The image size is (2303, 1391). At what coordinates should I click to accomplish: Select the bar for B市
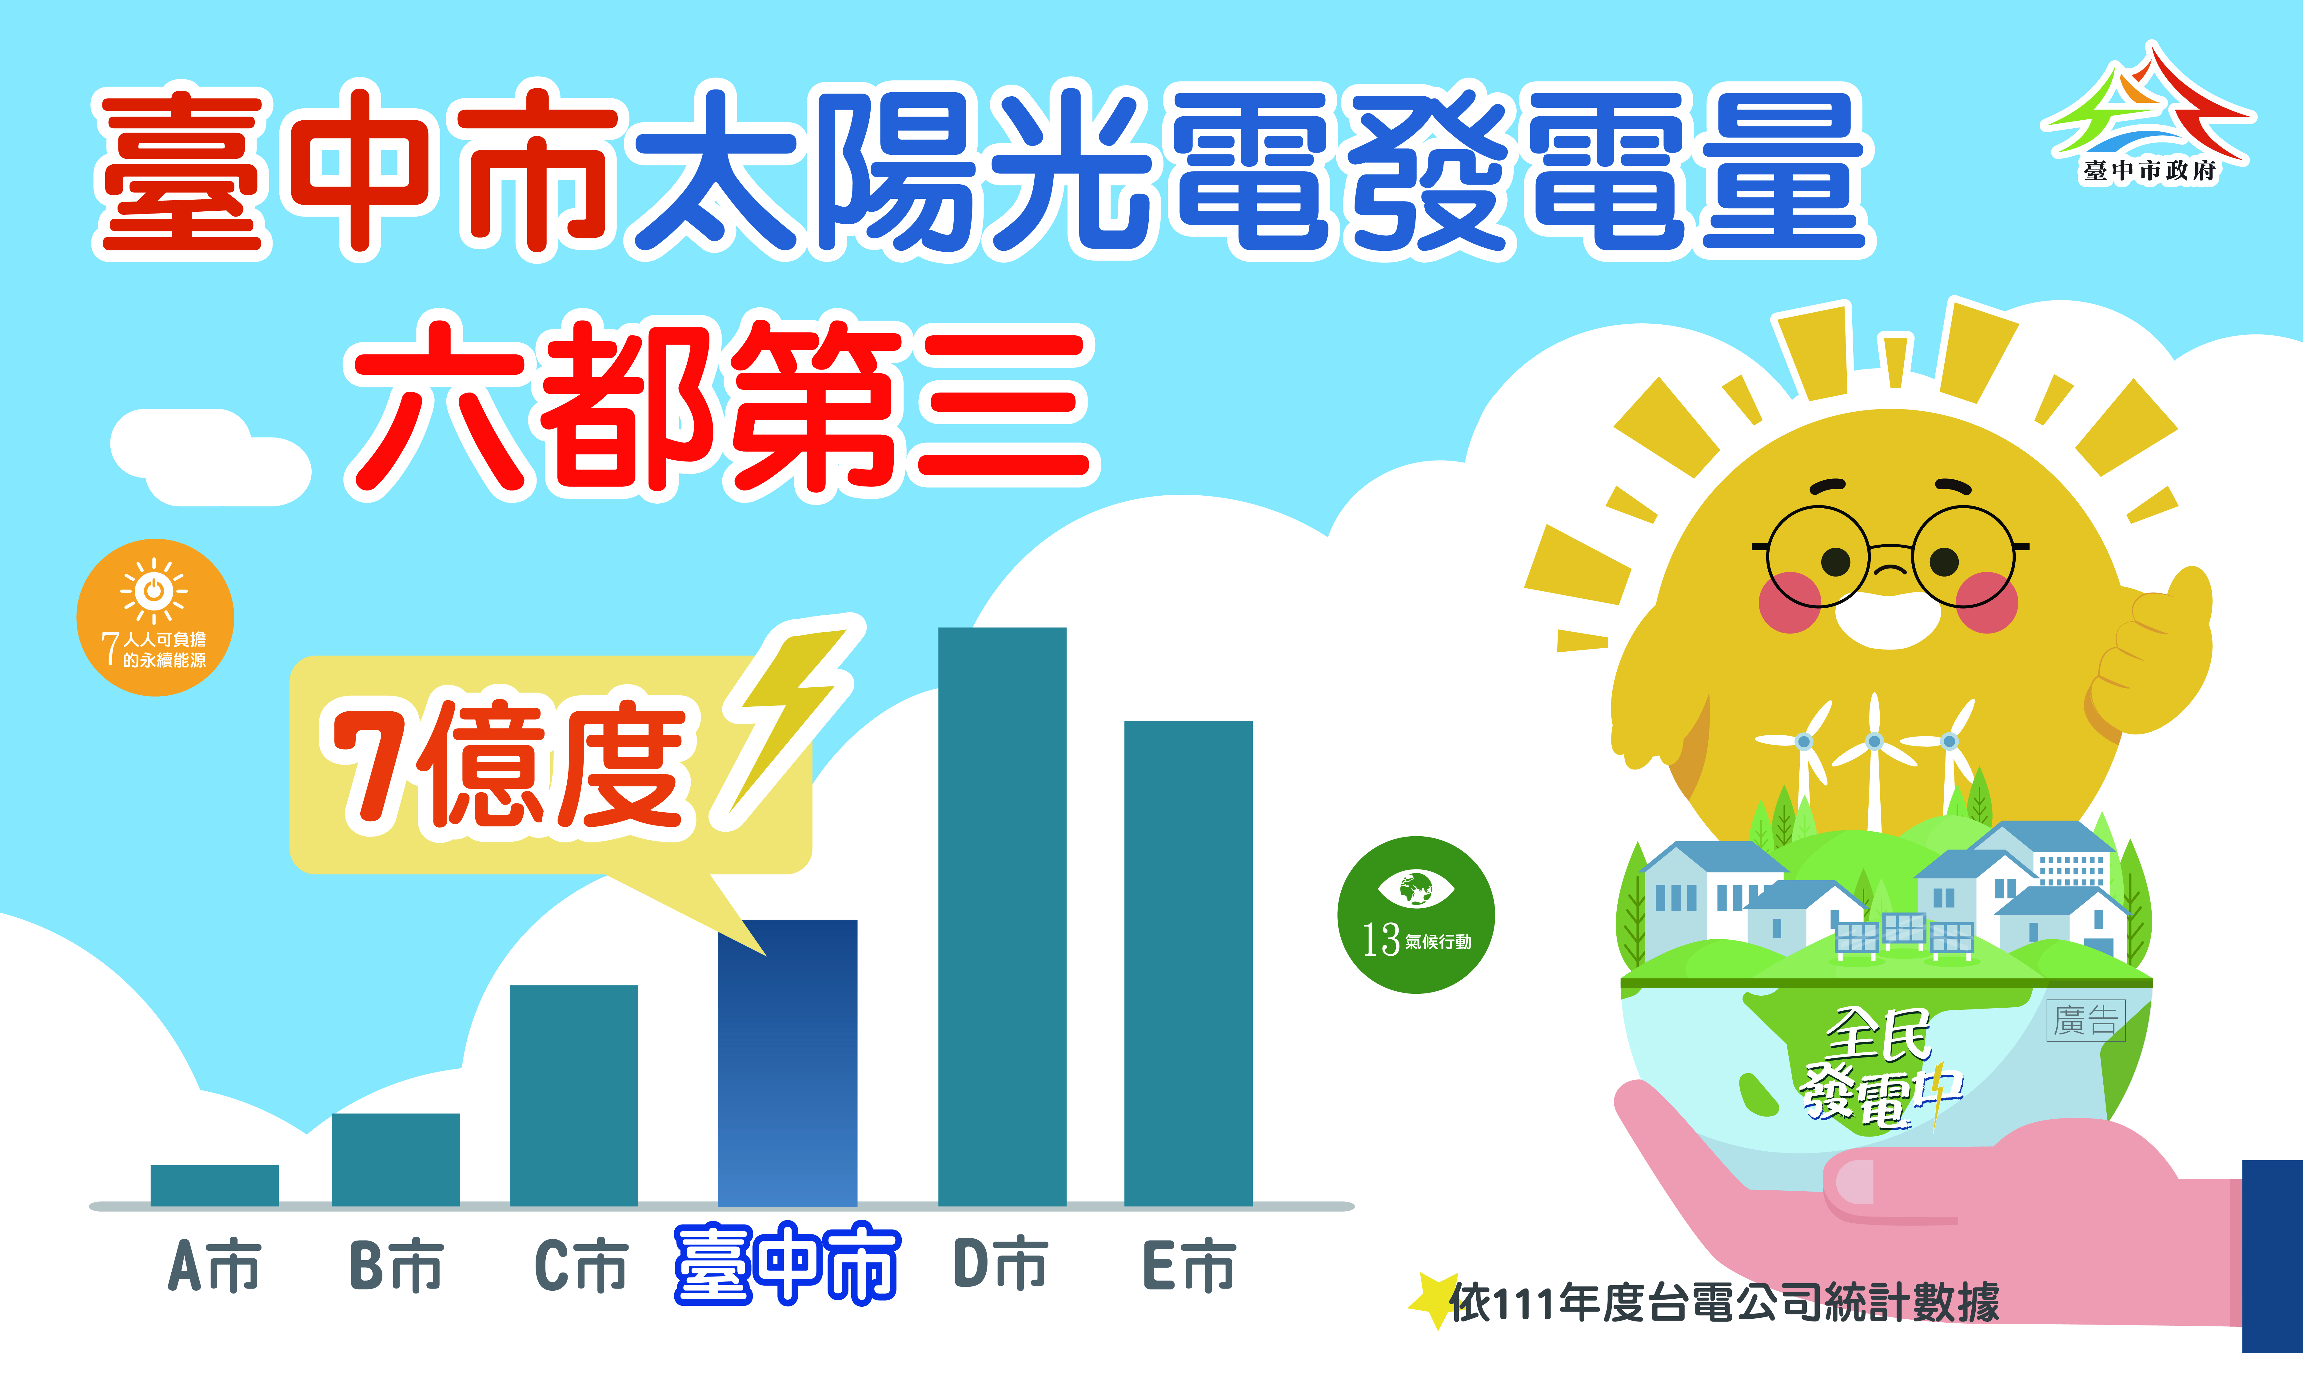pyautogui.click(x=395, y=1159)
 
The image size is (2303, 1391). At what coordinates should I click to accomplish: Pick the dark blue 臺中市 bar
pyautogui.click(x=787, y=1063)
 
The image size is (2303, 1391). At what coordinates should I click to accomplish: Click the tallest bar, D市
pyautogui.click(x=1002, y=916)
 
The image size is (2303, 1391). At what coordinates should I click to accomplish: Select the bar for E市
pyautogui.click(x=1188, y=963)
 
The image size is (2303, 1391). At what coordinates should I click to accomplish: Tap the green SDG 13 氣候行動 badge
pyautogui.click(x=1416, y=914)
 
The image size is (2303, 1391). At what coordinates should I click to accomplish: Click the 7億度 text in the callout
pyautogui.click(x=509, y=766)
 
